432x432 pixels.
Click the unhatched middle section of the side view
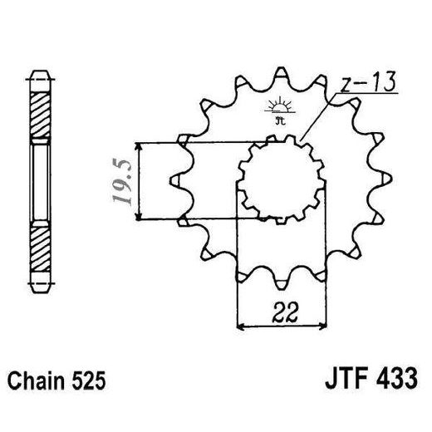(40, 179)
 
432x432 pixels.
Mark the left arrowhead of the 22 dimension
(243, 326)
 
